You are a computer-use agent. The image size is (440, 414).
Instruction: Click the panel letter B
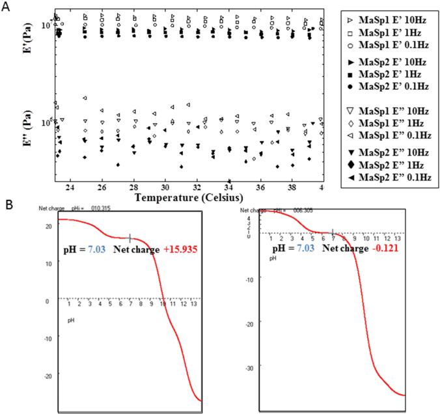click(x=8, y=204)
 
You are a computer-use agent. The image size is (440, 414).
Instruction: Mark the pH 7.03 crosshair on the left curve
click(x=130, y=238)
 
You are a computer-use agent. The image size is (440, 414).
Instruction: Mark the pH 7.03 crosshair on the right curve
click(x=333, y=232)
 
